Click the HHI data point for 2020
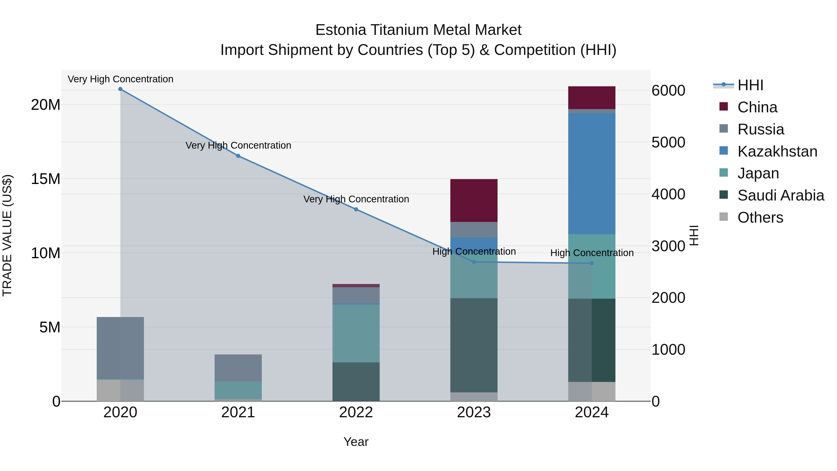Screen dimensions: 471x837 click(x=120, y=89)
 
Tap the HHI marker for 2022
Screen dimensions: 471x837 click(x=356, y=209)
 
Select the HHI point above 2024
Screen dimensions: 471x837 click(x=592, y=263)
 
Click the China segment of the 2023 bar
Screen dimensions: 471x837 click(x=474, y=200)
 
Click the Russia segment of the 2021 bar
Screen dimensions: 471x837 click(x=238, y=368)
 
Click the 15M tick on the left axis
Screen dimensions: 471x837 click(x=46, y=179)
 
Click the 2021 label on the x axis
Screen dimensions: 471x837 click(x=238, y=412)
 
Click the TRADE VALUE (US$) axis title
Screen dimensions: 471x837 click(x=7, y=235)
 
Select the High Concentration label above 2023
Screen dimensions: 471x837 click(x=474, y=252)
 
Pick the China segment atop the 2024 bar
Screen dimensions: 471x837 click(x=592, y=97)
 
